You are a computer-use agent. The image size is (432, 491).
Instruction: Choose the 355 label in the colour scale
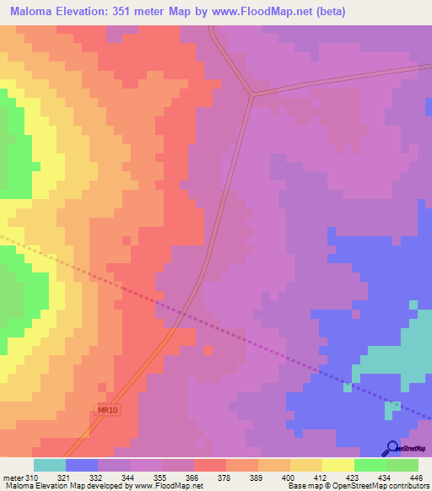(157, 478)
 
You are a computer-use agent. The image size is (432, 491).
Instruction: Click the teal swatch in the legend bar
(50, 465)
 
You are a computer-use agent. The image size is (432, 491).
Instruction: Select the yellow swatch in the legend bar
(337, 465)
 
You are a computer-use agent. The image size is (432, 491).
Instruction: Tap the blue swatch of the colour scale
(82, 465)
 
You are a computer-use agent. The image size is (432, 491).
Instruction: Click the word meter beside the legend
(13, 478)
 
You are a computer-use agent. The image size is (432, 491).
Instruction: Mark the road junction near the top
(251, 94)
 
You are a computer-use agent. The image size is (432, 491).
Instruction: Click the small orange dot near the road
(208, 350)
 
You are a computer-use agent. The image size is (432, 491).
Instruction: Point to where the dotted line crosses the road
(181, 313)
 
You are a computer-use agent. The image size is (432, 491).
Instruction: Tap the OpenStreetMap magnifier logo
(391, 448)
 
